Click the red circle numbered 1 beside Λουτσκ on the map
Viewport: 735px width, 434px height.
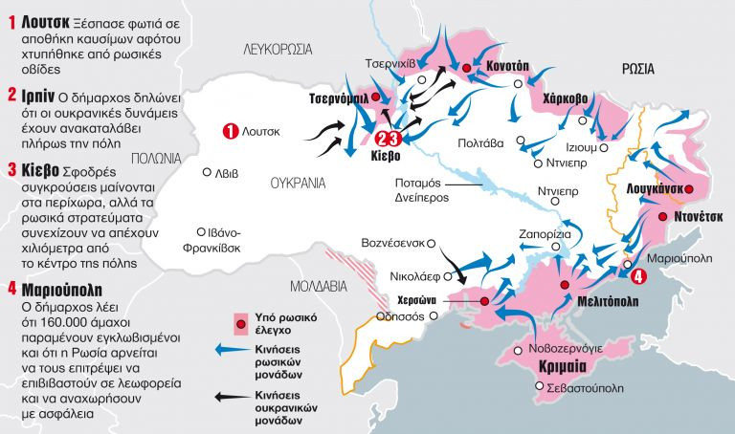coord(229,131)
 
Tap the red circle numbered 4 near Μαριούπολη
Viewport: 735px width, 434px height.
coord(638,275)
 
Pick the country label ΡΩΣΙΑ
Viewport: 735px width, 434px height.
coord(637,68)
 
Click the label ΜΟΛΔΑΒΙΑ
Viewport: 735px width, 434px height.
coord(317,285)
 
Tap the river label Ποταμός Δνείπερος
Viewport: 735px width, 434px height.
coord(422,192)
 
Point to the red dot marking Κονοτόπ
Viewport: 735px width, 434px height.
coord(466,68)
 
